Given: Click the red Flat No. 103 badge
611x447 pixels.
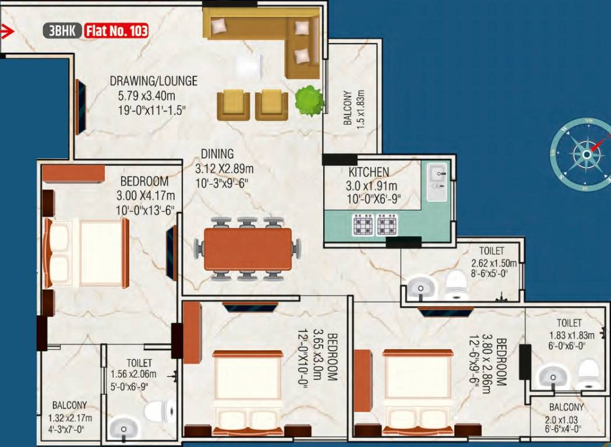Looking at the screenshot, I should click(116, 30).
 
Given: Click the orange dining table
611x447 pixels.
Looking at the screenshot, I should click(248, 249).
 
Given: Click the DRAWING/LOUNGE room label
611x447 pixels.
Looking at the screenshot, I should click(154, 81).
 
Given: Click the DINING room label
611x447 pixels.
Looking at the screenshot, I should click(217, 154).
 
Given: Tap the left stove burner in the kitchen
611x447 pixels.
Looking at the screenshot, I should click(362, 225).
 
